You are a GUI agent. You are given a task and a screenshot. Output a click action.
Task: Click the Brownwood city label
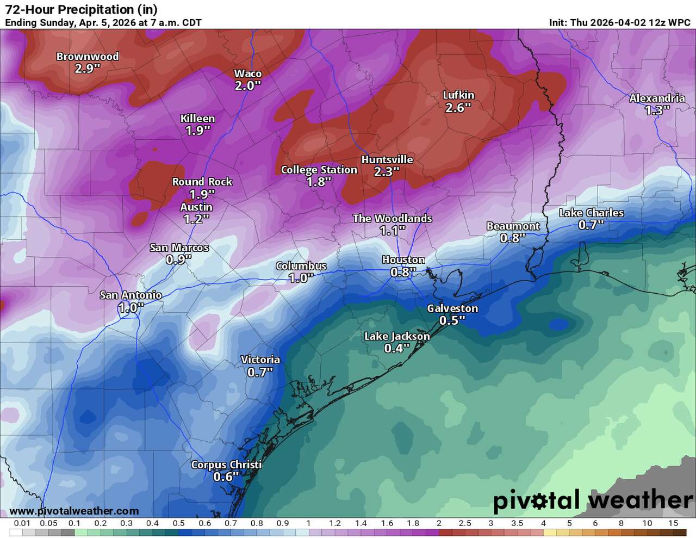click(x=87, y=57)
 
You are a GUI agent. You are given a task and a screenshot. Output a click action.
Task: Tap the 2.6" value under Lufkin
click(x=458, y=108)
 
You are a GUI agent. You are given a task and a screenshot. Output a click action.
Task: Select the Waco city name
click(x=247, y=73)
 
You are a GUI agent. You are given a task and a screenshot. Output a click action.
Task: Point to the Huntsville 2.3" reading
click(x=387, y=172)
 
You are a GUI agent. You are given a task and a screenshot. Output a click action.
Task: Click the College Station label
click(x=319, y=170)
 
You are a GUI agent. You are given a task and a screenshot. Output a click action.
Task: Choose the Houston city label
click(x=403, y=259)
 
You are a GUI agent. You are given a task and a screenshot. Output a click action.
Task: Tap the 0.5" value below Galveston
click(x=452, y=320)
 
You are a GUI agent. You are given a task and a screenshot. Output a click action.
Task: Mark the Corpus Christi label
click(x=226, y=465)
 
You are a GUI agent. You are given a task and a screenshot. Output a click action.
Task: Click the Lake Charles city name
click(x=591, y=213)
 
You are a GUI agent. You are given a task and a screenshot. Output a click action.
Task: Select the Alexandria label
click(x=657, y=98)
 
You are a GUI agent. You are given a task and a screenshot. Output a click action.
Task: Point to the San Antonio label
click(x=130, y=295)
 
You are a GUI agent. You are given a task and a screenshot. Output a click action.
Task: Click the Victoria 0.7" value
click(x=260, y=372)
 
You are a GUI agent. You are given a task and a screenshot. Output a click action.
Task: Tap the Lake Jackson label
click(x=397, y=336)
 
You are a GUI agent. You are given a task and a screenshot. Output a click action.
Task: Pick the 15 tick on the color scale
click(x=673, y=523)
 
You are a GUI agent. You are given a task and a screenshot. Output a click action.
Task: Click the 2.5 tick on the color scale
click(x=465, y=523)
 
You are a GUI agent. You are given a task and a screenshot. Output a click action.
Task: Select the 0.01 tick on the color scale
click(x=22, y=523)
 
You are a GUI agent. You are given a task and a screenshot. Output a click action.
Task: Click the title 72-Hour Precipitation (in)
click(x=82, y=9)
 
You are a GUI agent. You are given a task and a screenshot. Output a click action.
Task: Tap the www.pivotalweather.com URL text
click(x=74, y=511)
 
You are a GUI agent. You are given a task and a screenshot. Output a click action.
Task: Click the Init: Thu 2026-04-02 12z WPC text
click(x=619, y=23)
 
